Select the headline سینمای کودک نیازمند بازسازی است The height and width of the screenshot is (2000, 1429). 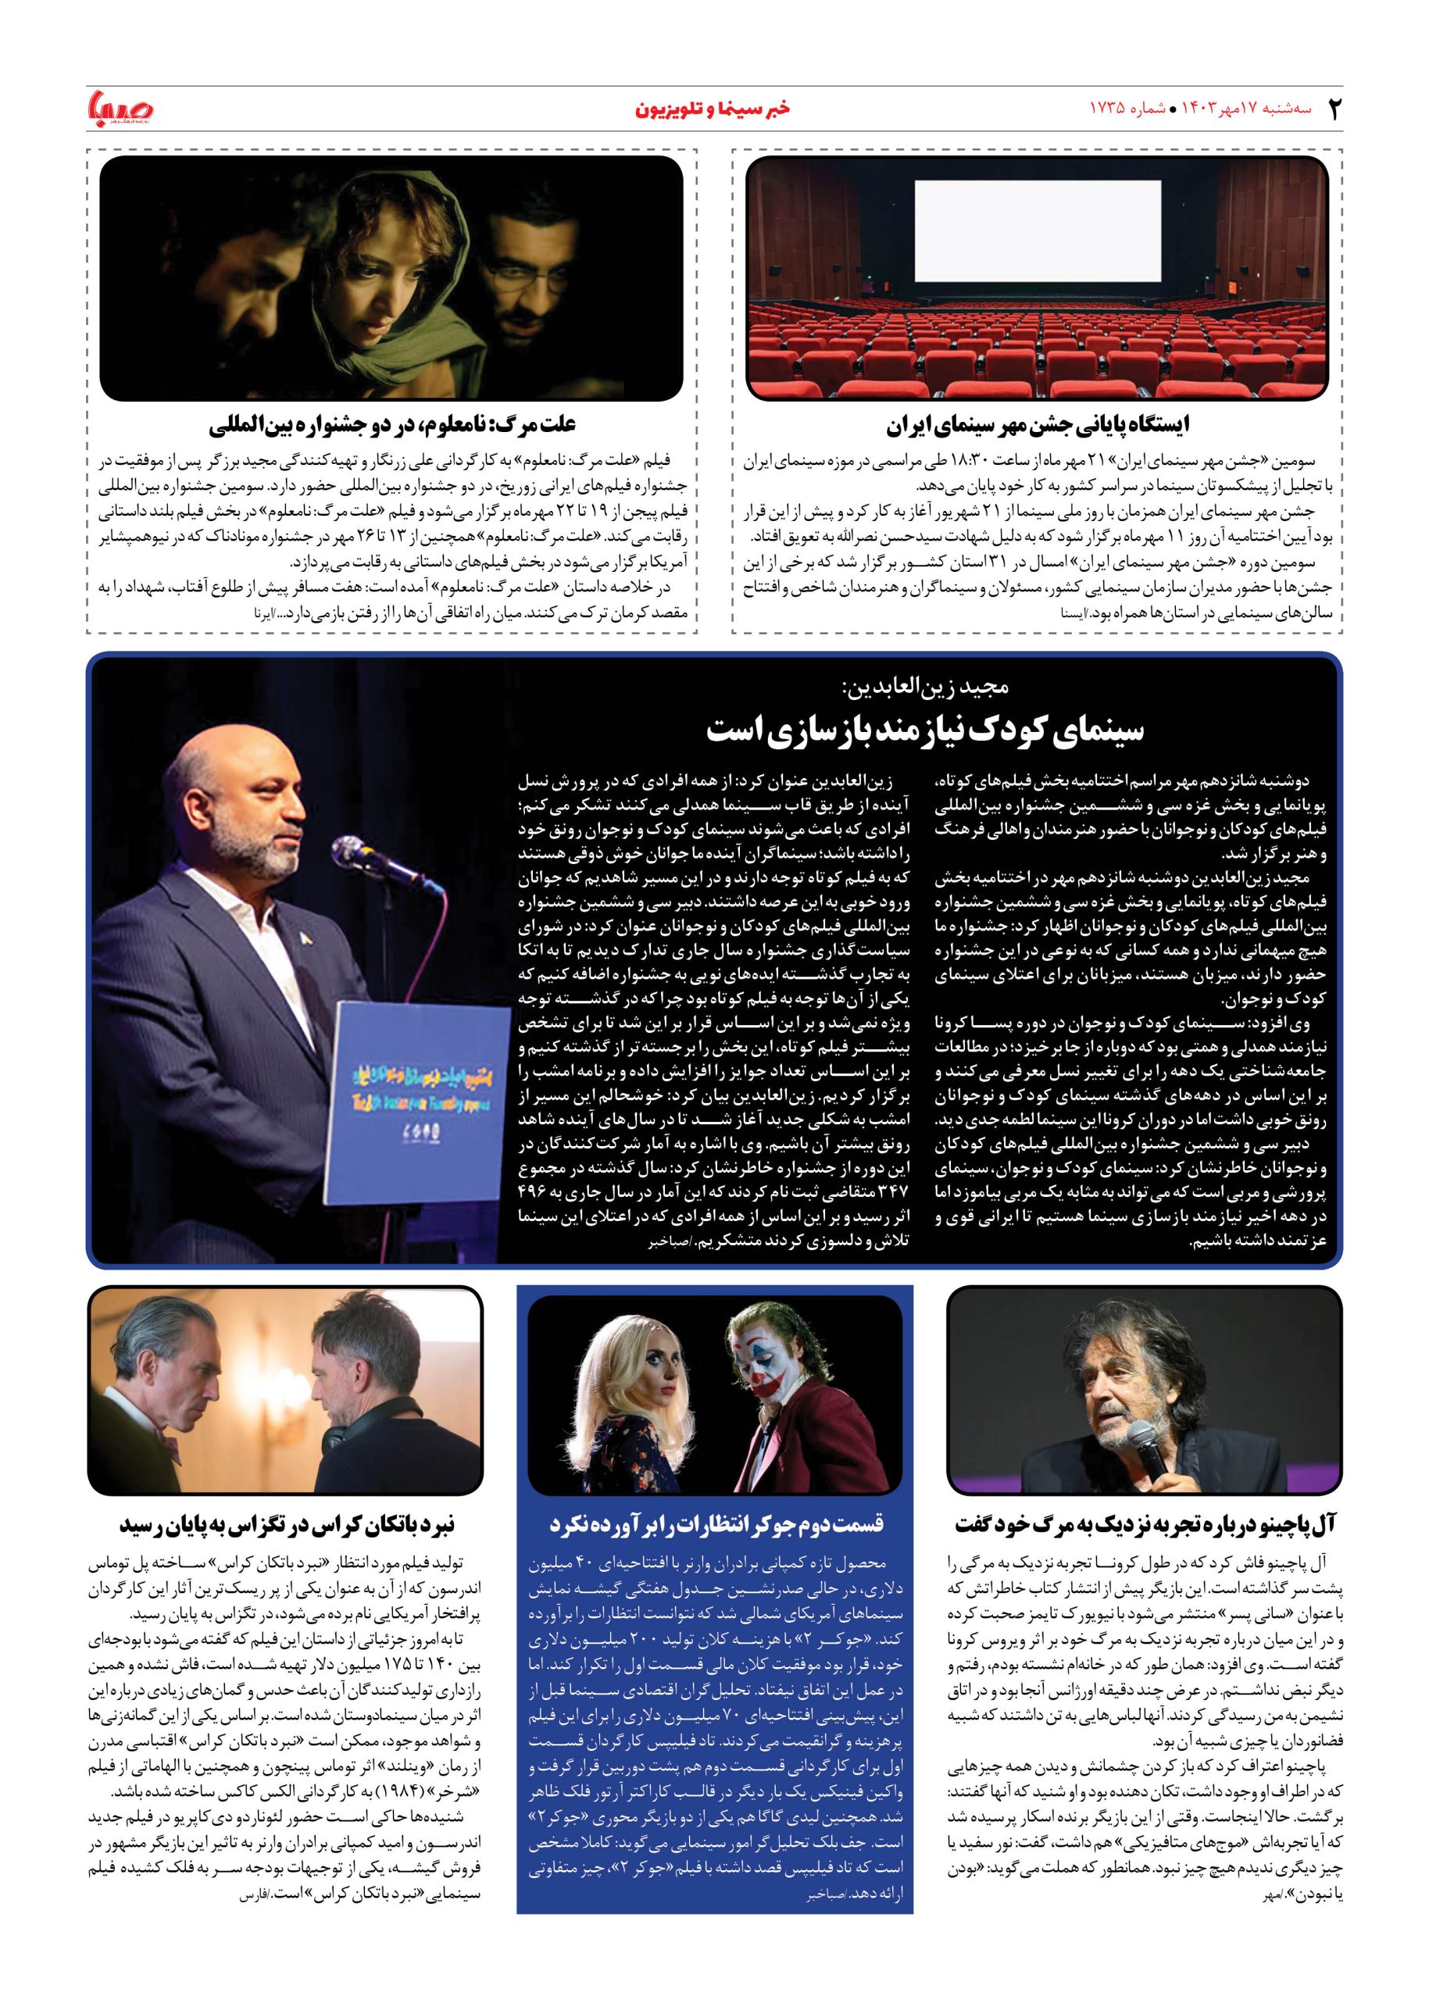(925, 730)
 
